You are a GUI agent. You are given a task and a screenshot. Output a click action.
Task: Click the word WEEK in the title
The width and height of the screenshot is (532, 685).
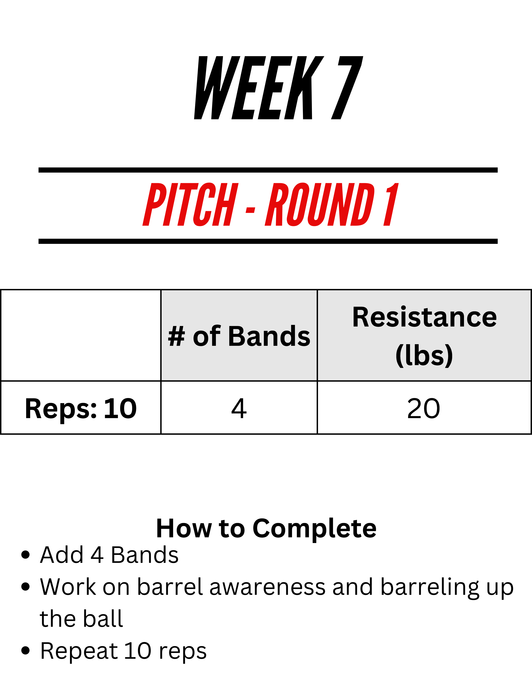pyautogui.click(x=259, y=88)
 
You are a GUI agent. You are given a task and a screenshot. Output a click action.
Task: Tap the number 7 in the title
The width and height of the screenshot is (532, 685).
pyautogui.click(x=347, y=88)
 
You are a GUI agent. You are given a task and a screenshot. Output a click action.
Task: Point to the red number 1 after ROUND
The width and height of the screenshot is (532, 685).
pyautogui.click(x=391, y=205)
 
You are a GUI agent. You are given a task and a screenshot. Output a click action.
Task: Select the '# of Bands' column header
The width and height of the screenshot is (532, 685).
pyautogui.click(x=239, y=336)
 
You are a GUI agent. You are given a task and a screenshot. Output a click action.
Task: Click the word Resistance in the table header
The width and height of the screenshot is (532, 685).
pyautogui.click(x=424, y=317)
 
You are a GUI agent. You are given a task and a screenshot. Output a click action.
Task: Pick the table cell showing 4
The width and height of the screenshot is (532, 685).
pyautogui.click(x=239, y=408)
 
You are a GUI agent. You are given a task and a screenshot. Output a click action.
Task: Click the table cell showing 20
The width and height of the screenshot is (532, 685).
pyautogui.click(x=424, y=408)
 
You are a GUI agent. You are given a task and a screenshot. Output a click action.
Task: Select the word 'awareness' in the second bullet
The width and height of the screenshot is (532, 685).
pyautogui.click(x=267, y=587)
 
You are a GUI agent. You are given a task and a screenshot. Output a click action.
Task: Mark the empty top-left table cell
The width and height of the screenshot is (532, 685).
pyautogui.click(x=81, y=335)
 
